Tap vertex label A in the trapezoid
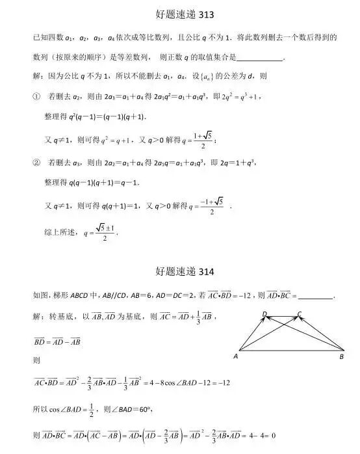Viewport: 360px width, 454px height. [235, 356]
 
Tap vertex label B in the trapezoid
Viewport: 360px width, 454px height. [342, 356]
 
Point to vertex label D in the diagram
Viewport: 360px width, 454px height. [264, 314]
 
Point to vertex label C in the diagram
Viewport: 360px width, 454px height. [300, 314]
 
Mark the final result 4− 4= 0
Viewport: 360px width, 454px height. [258, 435]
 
